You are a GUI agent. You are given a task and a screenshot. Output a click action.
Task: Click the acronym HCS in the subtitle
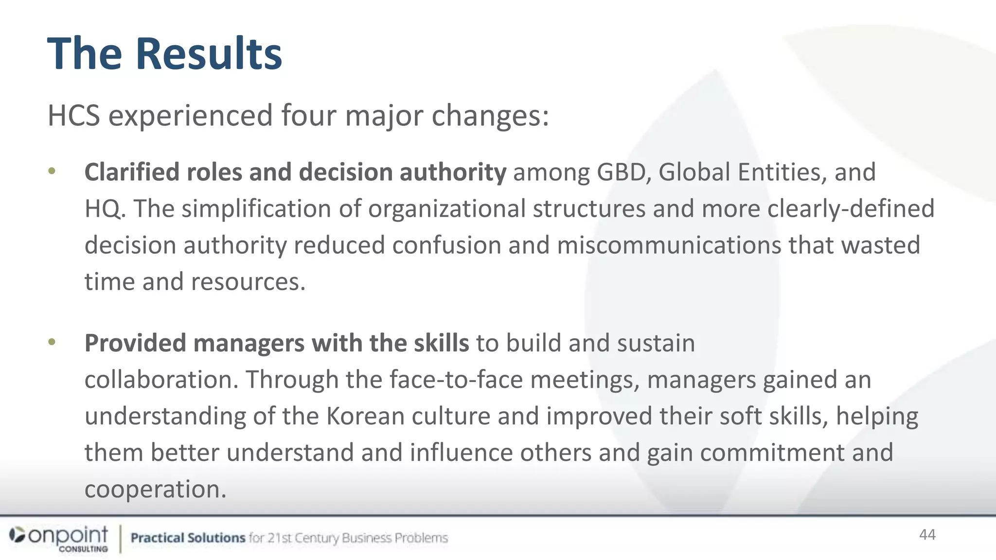[74, 116]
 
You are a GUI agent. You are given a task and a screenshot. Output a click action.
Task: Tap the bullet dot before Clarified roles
[52, 171]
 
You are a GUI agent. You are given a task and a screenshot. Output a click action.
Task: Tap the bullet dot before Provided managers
[52, 342]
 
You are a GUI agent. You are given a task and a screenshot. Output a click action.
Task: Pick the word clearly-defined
[851, 209]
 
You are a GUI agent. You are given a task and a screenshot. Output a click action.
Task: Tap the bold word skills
[441, 343]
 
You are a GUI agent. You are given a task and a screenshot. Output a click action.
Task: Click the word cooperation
[156, 489]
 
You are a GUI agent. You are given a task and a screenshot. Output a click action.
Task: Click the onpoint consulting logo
[59, 539]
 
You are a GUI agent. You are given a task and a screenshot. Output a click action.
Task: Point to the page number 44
[927, 535]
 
